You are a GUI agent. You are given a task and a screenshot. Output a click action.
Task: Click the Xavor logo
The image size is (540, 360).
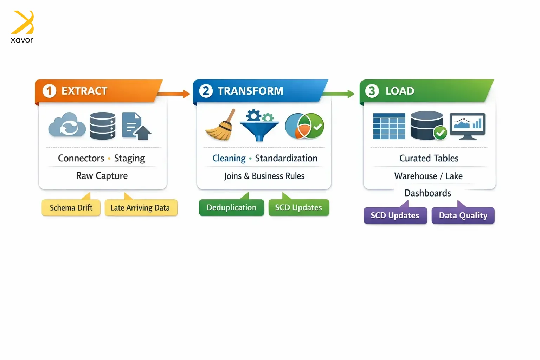coord(22,27)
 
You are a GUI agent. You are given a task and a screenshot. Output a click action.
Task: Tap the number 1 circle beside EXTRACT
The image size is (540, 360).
coord(49,91)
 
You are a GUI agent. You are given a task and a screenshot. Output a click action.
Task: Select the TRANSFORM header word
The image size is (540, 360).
coord(250,91)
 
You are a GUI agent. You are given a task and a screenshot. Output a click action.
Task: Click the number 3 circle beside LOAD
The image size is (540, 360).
coord(372,91)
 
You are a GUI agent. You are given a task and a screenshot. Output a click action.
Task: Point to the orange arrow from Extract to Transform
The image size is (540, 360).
coord(174,94)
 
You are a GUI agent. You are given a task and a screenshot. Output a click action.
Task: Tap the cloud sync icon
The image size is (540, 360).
coord(67,125)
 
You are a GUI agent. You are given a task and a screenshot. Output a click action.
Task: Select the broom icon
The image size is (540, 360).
coord(221,126)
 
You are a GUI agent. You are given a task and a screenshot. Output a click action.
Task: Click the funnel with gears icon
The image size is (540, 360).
coord(259,125)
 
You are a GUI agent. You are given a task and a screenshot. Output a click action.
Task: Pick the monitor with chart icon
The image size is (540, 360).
coord(467,126)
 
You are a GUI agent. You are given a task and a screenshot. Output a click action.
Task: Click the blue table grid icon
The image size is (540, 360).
coord(389,126)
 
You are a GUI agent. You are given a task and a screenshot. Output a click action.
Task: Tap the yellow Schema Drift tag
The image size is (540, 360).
coord(71,208)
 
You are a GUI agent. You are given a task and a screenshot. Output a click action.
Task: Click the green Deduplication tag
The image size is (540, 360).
coord(231,207)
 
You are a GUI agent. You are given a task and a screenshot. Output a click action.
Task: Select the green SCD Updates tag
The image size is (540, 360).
coord(298,207)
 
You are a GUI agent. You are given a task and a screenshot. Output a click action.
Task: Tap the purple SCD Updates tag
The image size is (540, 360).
coord(395,216)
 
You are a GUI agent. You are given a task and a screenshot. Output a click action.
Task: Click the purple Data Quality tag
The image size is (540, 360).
coord(463,216)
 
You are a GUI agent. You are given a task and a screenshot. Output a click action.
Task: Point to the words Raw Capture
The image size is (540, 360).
coord(102,176)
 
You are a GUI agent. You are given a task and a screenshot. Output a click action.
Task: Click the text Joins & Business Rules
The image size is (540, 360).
coord(264,176)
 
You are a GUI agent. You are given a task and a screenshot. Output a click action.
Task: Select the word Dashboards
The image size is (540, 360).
coord(428,193)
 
